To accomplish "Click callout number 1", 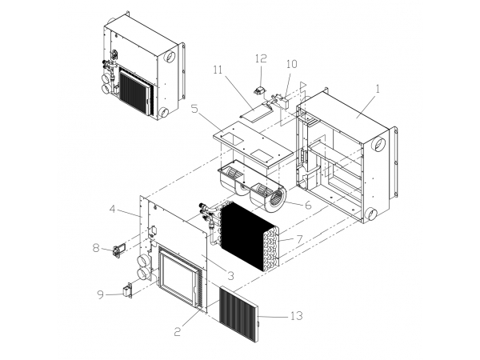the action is point(378,89).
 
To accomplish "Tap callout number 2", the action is point(178,331).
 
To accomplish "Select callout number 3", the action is point(230,275).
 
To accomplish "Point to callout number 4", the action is point(113,209).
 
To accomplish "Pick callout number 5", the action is point(194,109).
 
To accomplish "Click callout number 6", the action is point(308,205).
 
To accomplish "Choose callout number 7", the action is point(299,239).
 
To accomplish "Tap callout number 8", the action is point(97,248).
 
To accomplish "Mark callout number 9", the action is point(101,294).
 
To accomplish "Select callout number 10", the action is point(292,64).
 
